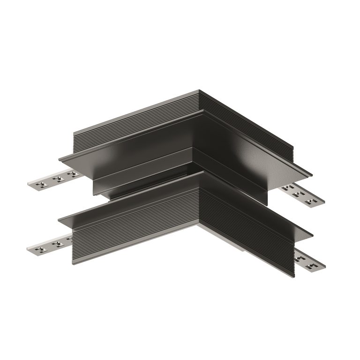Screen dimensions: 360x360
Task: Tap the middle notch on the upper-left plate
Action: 58,179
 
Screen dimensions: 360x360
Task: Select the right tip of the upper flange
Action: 312,175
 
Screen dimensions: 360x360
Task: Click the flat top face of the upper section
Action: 187,136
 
